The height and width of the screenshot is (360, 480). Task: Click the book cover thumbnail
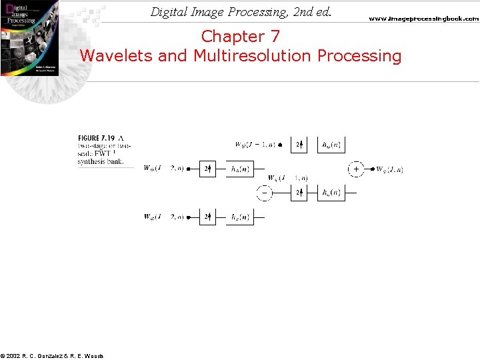click(x=29, y=39)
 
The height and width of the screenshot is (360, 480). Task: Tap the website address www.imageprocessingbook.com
click(x=423, y=19)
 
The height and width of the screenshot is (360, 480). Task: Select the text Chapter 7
click(x=241, y=36)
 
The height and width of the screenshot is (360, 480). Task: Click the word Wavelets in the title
click(x=117, y=55)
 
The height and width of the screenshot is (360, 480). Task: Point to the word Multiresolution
click(x=253, y=55)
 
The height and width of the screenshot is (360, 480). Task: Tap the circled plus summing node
click(x=356, y=169)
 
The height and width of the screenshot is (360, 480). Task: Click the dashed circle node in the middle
click(x=265, y=193)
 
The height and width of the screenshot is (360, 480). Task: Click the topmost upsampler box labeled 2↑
click(x=300, y=144)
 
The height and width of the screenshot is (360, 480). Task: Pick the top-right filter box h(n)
click(x=331, y=144)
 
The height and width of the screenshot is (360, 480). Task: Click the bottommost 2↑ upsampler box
click(x=207, y=217)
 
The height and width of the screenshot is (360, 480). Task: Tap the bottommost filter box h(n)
click(x=240, y=217)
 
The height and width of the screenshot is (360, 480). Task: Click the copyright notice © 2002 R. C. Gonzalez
click(x=52, y=355)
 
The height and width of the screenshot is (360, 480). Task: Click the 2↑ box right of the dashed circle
click(x=300, y=193)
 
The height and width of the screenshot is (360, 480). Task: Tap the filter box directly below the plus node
click(x=331, y=193)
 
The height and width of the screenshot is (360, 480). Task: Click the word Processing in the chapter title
click(x=360, y=55)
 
